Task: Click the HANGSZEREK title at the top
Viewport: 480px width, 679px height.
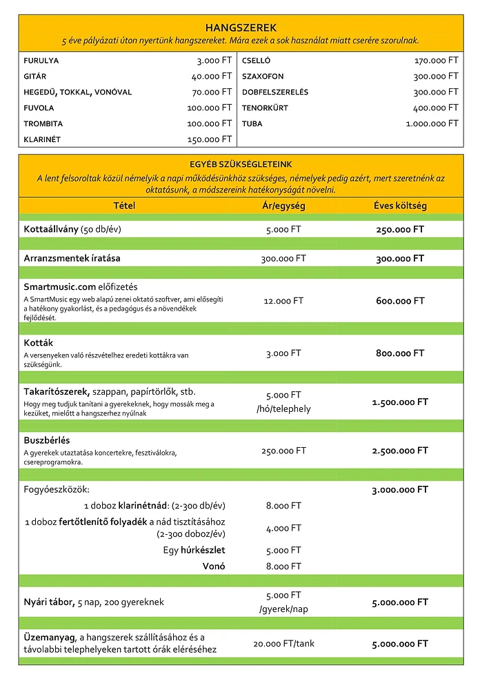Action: (x=241, y=28)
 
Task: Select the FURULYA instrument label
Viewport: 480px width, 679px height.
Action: (x=41, y=61)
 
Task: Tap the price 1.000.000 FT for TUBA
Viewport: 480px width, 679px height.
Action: (x=432, y=124)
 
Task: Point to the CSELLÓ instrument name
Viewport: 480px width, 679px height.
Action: (x=257, y=61)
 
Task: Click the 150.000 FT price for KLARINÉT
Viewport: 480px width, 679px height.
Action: (x=210, y=139)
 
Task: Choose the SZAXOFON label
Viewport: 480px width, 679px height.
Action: (x=263, y=77)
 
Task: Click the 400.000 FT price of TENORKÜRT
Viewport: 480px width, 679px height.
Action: (x=436, y=108)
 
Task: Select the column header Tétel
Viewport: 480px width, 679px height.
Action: (x=125, y=206)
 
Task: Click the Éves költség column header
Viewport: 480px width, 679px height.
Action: (x=400, y=206)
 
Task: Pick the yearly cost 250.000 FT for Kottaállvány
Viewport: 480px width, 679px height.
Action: (x=400, y=229)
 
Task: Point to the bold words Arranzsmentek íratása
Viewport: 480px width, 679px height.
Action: (x=72, y=259)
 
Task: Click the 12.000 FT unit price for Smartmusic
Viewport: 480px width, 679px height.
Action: (x=283, y=301)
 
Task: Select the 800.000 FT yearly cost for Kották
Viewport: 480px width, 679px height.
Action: (x=400, y=353)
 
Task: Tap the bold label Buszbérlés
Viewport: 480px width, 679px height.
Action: (x=47, y=440)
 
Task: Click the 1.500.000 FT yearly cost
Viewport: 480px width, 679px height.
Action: (x=400, y=402)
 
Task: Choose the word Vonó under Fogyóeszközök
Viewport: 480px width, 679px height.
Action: (x=215, y=567)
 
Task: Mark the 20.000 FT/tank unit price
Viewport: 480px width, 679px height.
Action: (x=283, y=644)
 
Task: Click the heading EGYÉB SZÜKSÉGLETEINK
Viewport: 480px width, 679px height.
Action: (x=241, y=164)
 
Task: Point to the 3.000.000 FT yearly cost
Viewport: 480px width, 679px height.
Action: (x=400, y=489)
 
